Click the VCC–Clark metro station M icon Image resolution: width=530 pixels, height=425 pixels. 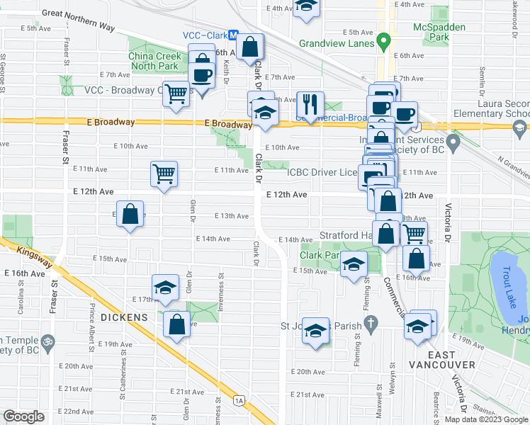pos(242,41)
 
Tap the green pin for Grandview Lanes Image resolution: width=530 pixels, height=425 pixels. pos(383,42)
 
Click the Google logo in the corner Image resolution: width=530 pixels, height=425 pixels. pos(23,416)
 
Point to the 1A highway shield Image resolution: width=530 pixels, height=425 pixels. pos(239,401)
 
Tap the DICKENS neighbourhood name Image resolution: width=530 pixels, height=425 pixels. pos(123,317)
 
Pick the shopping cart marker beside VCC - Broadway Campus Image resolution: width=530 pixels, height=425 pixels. pos(176,93)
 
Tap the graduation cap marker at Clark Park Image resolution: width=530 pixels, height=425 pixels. pos(353,265)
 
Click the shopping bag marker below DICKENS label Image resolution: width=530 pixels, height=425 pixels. pos(176,325)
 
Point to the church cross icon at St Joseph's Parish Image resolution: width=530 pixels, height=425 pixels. pos(370,325)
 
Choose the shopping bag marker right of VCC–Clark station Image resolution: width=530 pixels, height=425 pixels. pos(251,48)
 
